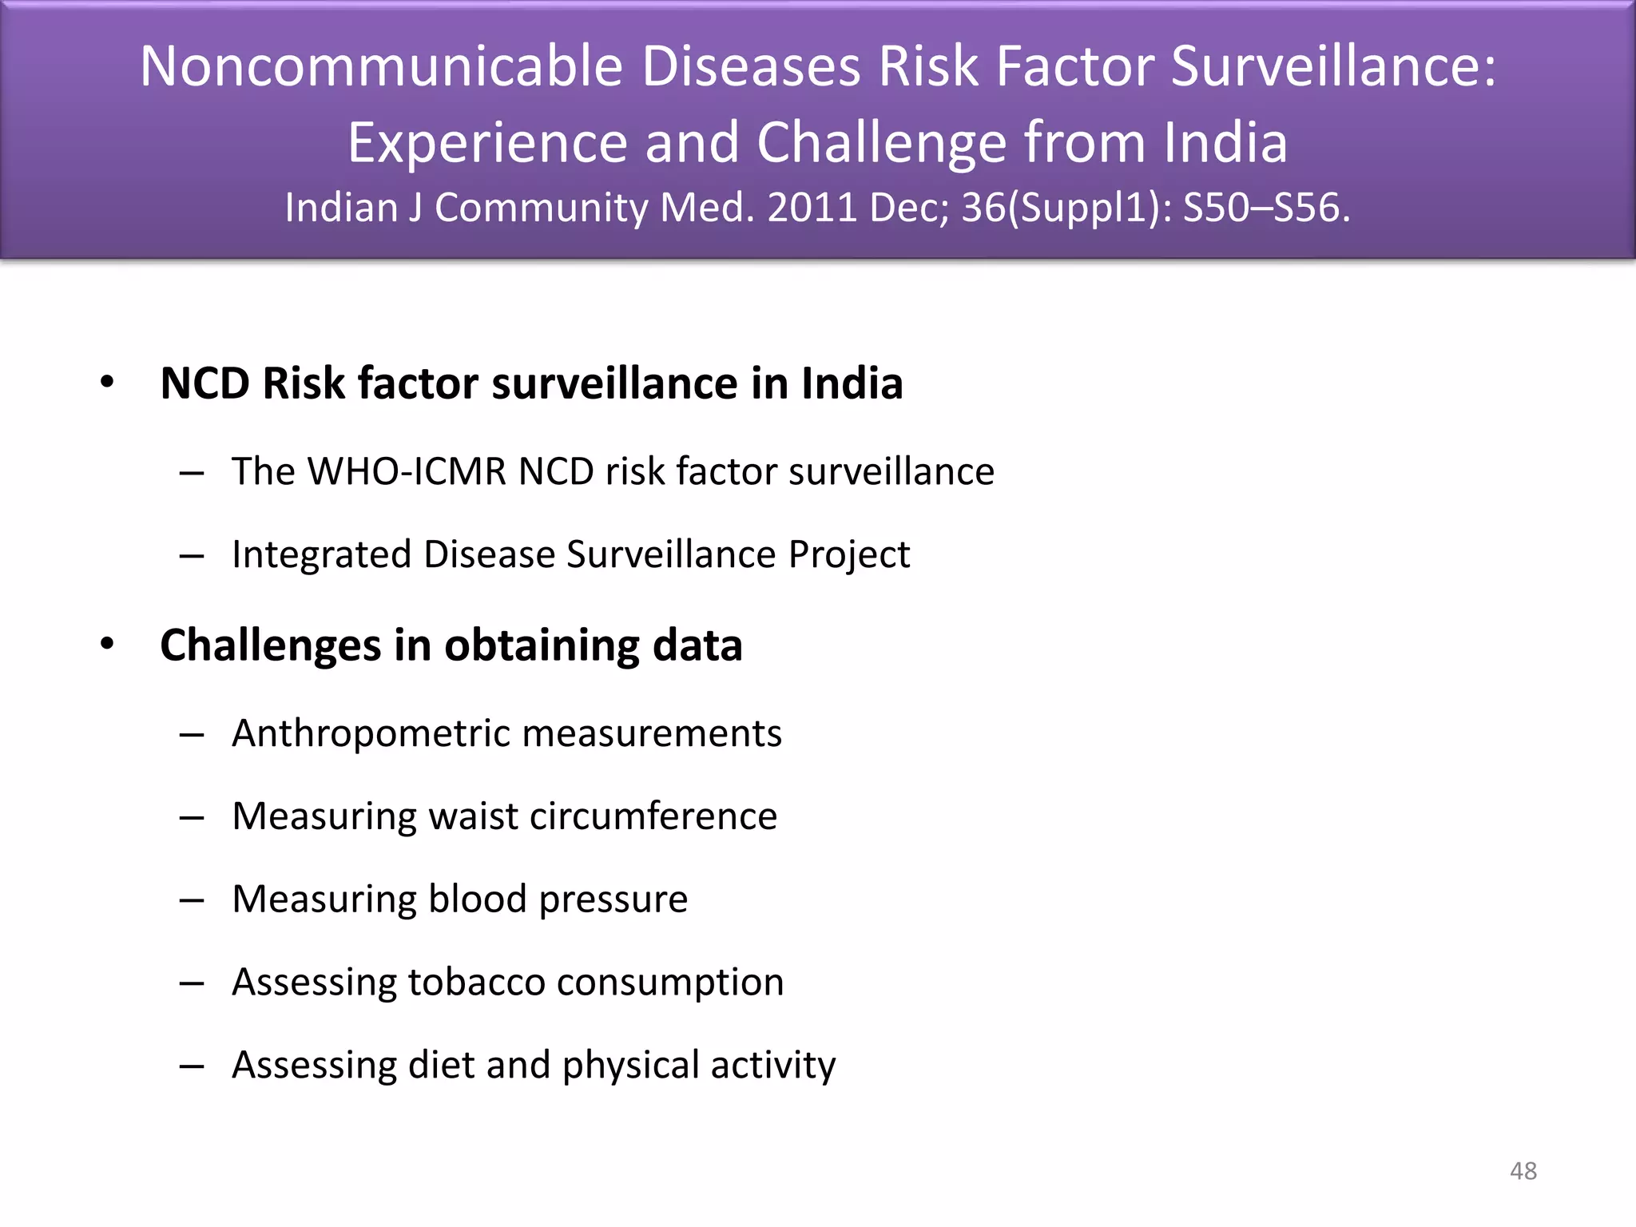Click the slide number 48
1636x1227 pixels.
pyautogui.click(x=1523, y=1171)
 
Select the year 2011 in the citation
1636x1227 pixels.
pyautogui.click(x=812, y=208)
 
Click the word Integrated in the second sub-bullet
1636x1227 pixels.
pyautogui.click(x=321, y=555)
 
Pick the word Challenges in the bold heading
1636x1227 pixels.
pyautogui.click(x=271, y=645)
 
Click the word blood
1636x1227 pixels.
pyautogui.click(x=478, y=899)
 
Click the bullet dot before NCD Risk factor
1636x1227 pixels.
pyautogui.click(x=107, y=383)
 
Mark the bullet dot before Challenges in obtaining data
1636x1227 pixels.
pyautogui.click(x=107, y=644)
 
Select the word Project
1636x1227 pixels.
pyautogui.click(x=848, y=555)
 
